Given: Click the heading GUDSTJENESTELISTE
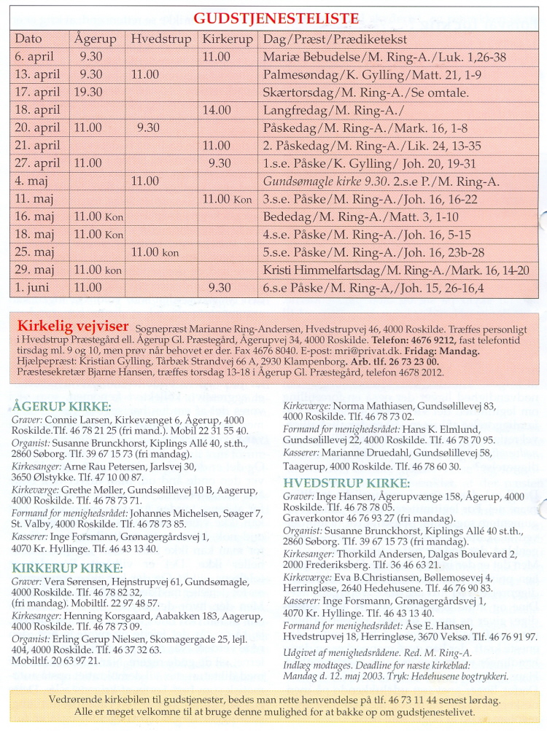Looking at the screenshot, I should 276,18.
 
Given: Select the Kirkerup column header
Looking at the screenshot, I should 227,39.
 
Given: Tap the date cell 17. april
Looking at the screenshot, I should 36,93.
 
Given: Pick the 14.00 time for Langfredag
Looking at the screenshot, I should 217,110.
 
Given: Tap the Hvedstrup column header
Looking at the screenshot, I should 161,39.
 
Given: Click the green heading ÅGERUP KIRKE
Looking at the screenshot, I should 61,407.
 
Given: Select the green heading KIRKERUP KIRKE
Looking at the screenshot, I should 67,568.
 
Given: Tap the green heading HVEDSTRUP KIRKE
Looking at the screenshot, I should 346,482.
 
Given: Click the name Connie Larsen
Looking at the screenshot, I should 71,421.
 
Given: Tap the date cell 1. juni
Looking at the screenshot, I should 33,287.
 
